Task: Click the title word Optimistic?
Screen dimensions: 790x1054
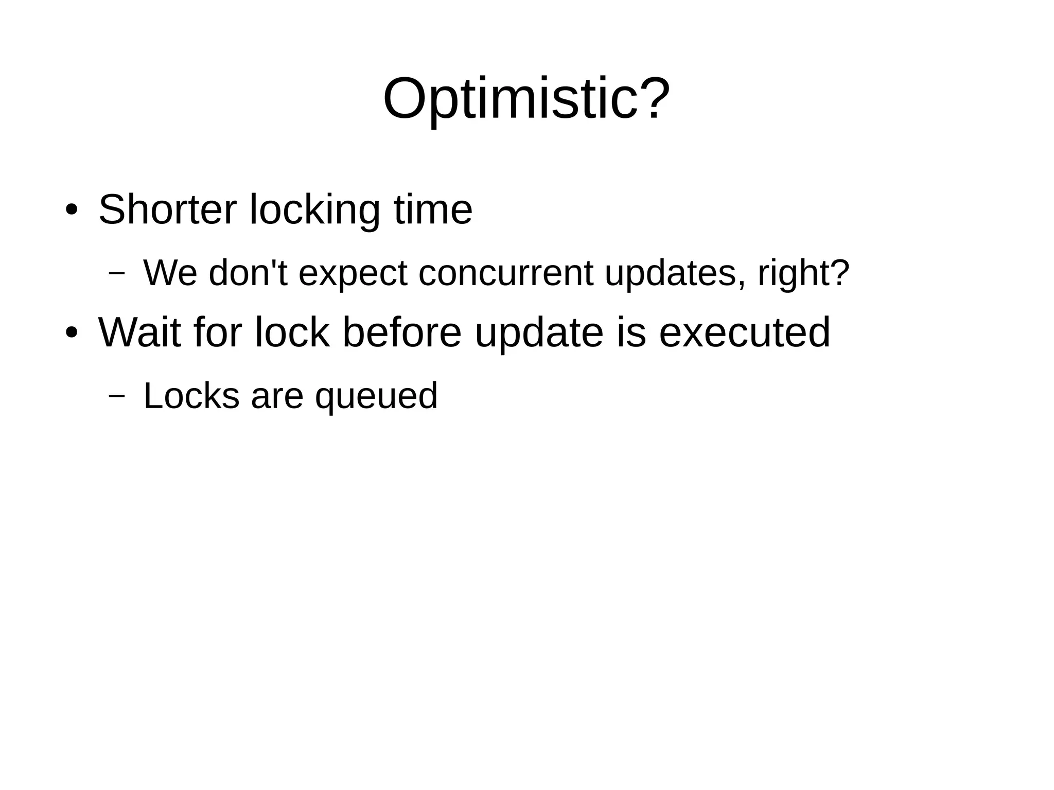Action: tap(526, 99)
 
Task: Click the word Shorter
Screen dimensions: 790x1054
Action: tap(167, 210)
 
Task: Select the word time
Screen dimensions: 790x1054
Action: tap(433, 210)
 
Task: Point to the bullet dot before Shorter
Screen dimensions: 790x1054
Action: tap(72, 210)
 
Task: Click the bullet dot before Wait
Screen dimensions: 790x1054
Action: tap(72, 333)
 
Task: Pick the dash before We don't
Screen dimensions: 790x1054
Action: tap(117, 273)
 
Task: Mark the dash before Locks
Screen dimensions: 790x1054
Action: tap(117, 396)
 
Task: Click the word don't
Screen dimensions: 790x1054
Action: tap(248, 273)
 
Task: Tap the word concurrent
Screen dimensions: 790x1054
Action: tap(505, 273)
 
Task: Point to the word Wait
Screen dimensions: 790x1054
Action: tap(139, 333)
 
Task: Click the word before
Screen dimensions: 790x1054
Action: tap(402, 333)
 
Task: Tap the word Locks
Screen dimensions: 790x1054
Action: tap(191, 396)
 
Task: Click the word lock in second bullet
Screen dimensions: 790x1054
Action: tap(292, 333)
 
